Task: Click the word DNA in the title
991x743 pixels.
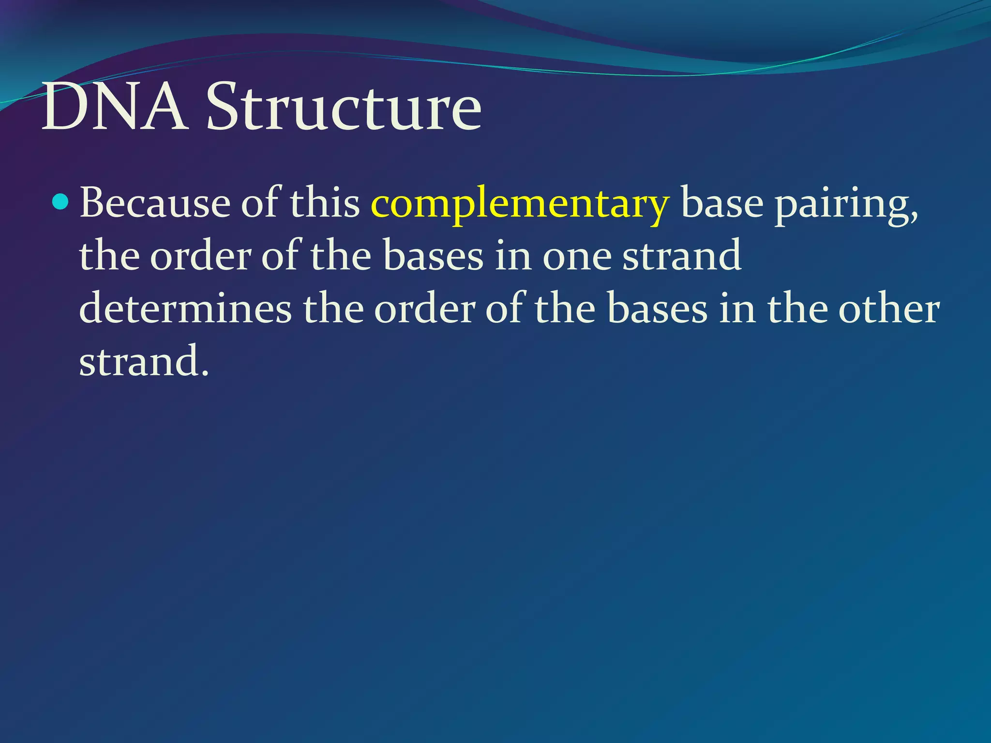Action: point(113,107)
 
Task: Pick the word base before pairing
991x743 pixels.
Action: point(722,203)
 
